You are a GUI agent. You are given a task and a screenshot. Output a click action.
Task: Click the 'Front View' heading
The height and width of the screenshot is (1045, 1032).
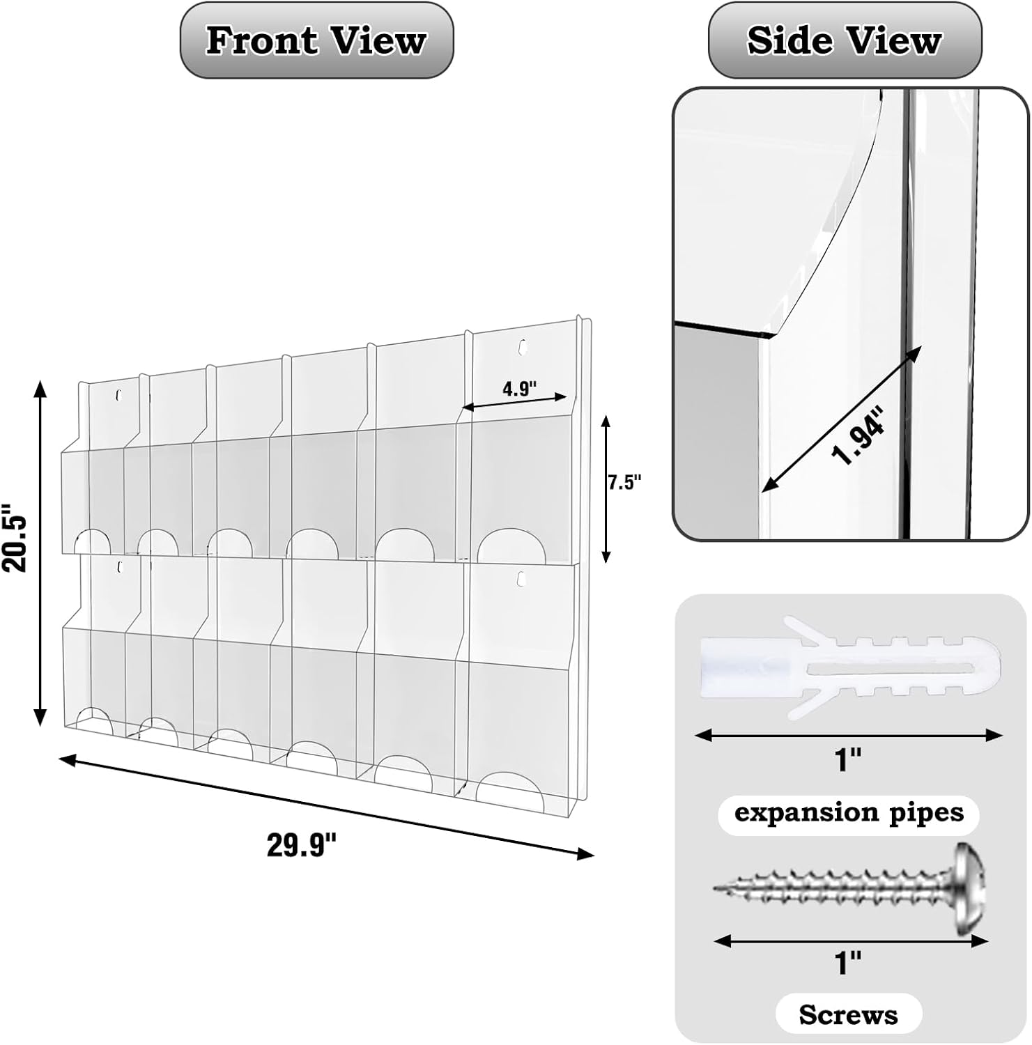pyautogui.click(x=316, y=40)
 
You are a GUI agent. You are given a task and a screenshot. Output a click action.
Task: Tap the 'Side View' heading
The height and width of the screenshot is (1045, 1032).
pyautogui.click(x=845, y=40)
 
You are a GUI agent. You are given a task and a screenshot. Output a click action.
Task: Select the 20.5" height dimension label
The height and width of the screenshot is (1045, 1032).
pyautogui.click(x=15, y=538)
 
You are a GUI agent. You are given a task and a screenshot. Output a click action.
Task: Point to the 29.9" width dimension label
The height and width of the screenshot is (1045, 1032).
pyautogui.click(x=302, y=846)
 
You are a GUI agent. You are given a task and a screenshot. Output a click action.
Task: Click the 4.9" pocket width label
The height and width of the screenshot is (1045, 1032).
pyautogui.click(x=520, y=389)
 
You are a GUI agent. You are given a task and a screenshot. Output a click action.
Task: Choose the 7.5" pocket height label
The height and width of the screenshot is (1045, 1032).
pyautogui.click(x=624, y=482)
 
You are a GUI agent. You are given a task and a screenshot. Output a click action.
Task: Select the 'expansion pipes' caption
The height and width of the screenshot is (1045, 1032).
pyautogui.click(x=849, y=814)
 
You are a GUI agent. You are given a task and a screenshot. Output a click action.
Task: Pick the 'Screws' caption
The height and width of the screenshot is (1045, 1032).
pyautogui.click(x=848, y=1014)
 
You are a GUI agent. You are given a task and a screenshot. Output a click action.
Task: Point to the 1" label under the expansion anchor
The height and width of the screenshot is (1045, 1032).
pyautogui.click(x=849, y=759)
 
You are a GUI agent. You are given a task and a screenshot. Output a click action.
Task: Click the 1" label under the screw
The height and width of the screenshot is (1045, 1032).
pyautogui.click(x=848, y=963)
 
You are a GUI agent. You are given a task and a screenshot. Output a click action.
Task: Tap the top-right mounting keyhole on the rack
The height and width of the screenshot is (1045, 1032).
pyautogui.click(x=522, y=346)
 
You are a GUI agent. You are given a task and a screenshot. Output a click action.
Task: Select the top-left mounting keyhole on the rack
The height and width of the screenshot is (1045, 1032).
pyautogui.click(x=118, y=396)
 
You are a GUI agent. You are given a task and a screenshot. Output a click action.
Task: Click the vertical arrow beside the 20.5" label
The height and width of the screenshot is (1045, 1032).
pyautogui.click(x=40, y=553)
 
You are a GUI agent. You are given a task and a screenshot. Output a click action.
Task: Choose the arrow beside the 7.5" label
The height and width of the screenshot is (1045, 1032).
pyautogui.click(x=606, y=488)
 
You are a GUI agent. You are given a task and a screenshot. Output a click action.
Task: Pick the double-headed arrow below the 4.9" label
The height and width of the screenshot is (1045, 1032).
pyautogui.click(x=514, y=402)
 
